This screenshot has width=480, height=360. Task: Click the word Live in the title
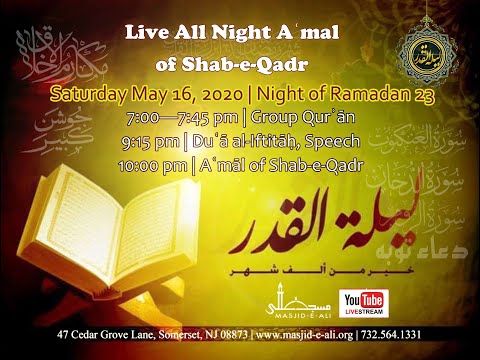pyautogui.click(x=147, y=33)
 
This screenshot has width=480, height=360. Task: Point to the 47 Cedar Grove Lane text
pyautogui.click(x=91, y=346)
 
